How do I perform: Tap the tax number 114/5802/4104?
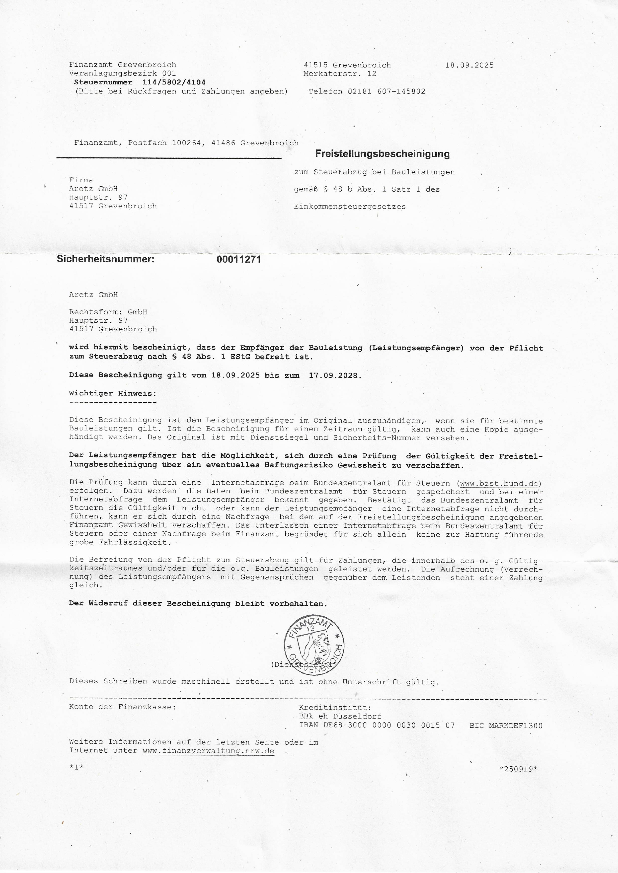[x=174, y=82]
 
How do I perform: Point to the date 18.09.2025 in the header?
[x=469, y=65]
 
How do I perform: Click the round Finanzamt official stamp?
[x=314, y=644]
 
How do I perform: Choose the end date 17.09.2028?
[x=333, y=375]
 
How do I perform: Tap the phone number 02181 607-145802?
[x=386, y=91]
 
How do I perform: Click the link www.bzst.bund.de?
[x=499, y=484]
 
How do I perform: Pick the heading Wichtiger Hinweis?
[x=113, y=393]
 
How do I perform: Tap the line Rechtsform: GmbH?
[x=108, y=312]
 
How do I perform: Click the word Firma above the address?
[x=81, y=180]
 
